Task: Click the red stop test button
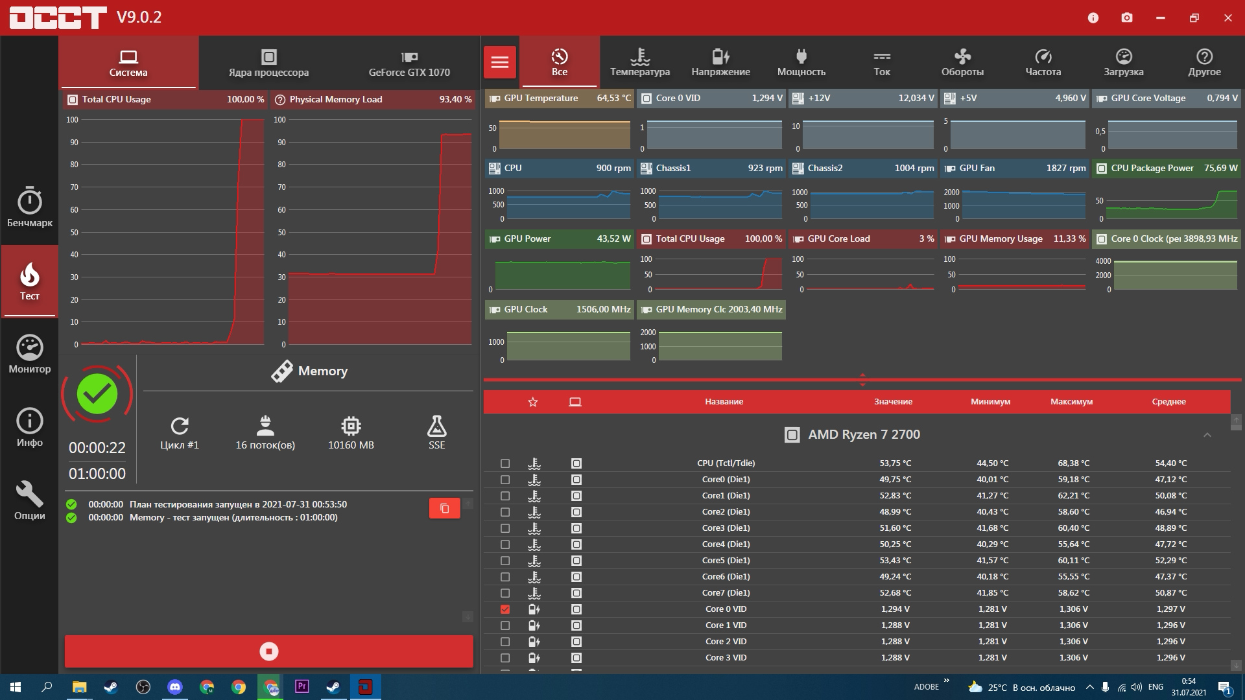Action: [268, 651]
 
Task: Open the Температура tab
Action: [640, 62]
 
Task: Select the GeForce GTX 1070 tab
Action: [409, 62]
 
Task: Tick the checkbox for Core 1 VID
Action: [505, 625]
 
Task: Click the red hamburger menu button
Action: [500, 62]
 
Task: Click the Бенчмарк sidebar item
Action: [30, 207]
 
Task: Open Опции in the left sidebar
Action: [30, 500]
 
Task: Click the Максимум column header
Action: [1071, 402]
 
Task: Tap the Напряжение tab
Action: [720, 62]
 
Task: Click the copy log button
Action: [445, 508]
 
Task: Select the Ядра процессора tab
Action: [268, 62]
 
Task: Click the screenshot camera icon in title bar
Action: [1127, 17]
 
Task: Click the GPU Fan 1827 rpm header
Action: [1015, 168]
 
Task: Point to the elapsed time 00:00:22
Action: [97, 448]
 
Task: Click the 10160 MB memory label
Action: [351, 445]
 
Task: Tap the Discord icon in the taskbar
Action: [175, 687]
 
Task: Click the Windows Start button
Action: [16, 687]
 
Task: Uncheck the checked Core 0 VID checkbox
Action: [505, 609]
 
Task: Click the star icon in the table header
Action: [533, 402]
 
